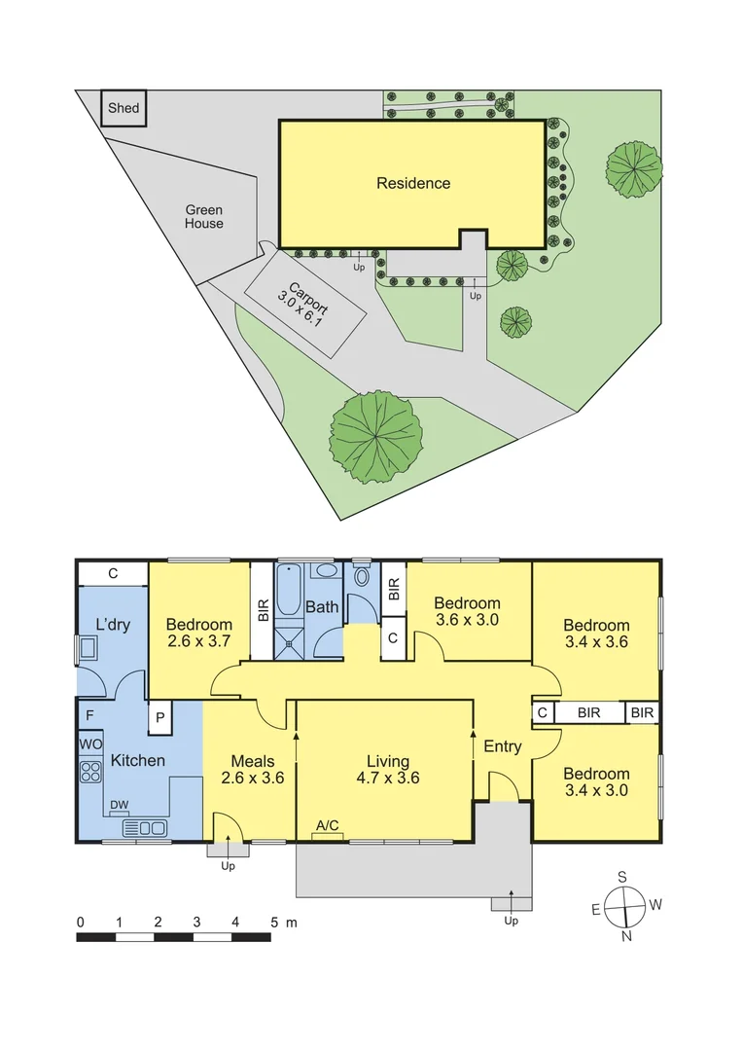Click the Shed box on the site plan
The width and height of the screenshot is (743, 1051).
tap(124, 108)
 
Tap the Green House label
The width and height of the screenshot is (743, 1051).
tap(204, 217)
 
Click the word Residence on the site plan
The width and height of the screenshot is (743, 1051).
tap(413, 183)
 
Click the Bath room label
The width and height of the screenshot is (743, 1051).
tap(322, 607)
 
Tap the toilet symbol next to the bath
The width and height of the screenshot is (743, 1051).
tap(362, 576)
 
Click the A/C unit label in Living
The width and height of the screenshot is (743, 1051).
tap(328, 826)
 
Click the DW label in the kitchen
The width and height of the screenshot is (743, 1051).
tap(119, 805)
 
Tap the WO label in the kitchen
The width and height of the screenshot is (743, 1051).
tap(89, 744)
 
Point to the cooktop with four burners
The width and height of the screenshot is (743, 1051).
tap(90, 772)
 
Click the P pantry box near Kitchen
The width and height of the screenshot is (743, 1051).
tap(158, 719)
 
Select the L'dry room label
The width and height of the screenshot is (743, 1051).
tap(113, 625)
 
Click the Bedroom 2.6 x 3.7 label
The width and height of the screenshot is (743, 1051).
tap(199, 634)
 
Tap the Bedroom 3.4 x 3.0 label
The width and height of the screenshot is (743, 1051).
tap(596, 782)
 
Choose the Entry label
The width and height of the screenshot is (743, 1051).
tap(503, 746)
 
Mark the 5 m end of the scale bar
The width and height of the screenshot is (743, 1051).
tap(271, 937)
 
